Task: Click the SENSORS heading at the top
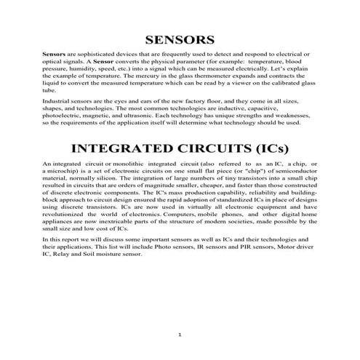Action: point(179,39)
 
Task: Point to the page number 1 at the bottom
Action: point(180,334)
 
